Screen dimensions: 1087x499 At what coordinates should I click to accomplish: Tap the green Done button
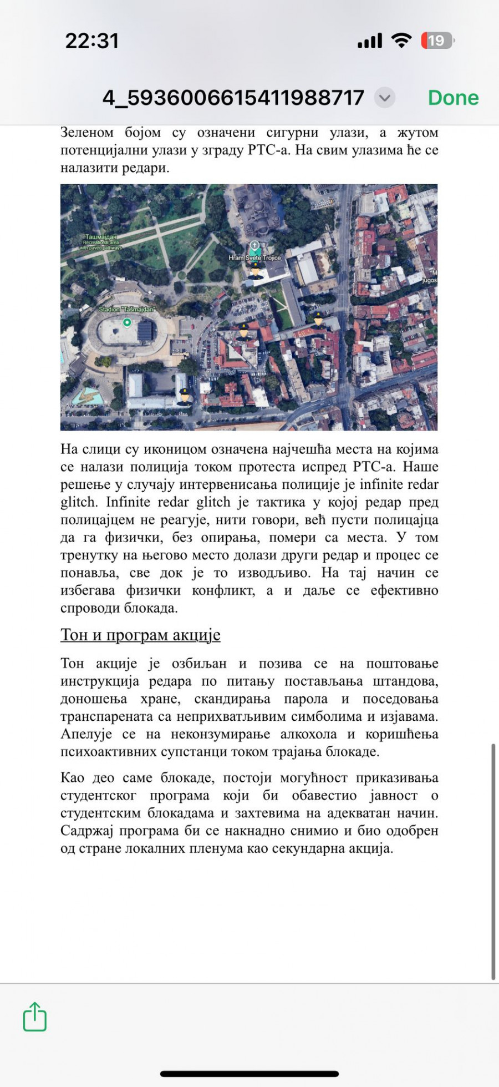coord(453,98)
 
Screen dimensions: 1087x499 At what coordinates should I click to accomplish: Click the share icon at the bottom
coord(35,1017)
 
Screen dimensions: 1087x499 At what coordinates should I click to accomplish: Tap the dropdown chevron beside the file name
coord(384,98)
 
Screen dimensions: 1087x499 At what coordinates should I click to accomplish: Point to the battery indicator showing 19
coord(437,41)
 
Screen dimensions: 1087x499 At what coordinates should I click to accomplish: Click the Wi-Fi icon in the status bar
coord(401,40)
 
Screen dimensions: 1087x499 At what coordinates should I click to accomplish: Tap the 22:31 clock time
coord(92,41)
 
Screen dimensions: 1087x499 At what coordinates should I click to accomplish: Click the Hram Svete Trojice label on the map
coord(255,258)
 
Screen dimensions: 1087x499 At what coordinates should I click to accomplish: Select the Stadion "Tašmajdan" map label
coord(126,309)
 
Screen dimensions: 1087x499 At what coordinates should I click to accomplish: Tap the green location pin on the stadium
coord(127,322)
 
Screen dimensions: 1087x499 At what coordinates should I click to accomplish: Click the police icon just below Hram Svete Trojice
coord(256,270)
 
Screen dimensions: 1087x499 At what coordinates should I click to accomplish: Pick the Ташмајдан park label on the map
coord(101,237)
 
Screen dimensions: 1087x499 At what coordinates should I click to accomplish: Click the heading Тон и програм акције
coord(140,634)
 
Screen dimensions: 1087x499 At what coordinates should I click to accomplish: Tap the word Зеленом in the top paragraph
coord(87,133)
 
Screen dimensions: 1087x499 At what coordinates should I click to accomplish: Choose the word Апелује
coord(86,734)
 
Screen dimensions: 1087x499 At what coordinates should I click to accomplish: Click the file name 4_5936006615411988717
coord(233,98)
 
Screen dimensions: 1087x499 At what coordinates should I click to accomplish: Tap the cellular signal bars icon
coord(370,41)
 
